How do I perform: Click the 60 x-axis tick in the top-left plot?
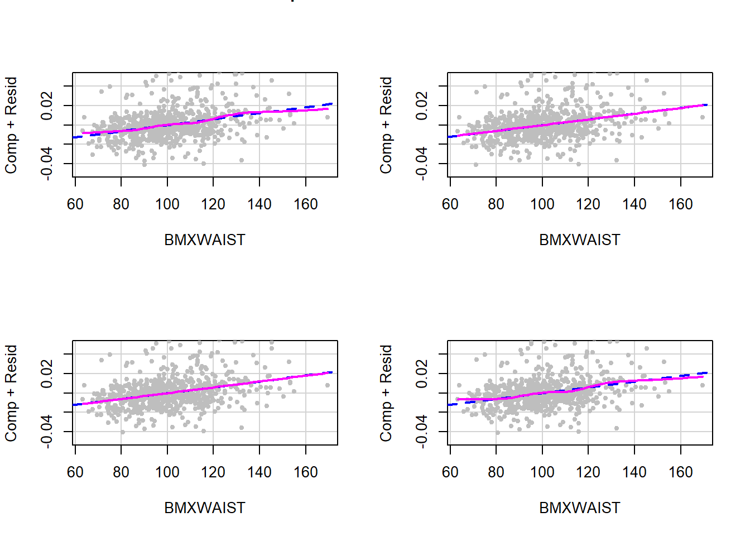click(x=75, y=204)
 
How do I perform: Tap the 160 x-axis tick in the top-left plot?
click(x=305, y=204)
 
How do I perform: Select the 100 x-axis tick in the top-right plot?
click(x=542, y=204)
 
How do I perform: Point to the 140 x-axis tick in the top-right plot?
click(x=634, y=204)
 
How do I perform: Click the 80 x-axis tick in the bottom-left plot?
click(x=121, y=472)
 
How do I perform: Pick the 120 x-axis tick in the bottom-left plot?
click(x=213, y=472)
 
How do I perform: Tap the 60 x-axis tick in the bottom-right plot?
click(x=450, y=472)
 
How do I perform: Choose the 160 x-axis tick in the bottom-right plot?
click(x=680, y=472)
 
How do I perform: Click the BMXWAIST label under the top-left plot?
click(x=204, y=240)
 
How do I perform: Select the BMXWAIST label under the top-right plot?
click(x=579, y=240)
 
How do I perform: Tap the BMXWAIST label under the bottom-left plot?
click(x=204, y=508)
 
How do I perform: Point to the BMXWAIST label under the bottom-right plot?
click(x=579, y=508)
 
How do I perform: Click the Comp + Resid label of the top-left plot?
click(x=11, y=125)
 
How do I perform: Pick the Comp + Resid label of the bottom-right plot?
click(x=386, y=393)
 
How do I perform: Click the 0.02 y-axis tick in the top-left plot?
click(x=47, y=106)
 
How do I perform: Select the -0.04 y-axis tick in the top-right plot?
click(x=422, y=163)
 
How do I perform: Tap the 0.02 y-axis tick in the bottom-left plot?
click(x=47, y=374)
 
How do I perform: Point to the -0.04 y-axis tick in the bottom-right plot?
click(x=422, y=431)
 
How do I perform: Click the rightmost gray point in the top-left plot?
click(x=328, y=117)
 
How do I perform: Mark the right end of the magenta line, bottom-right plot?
click(x=703, y=377)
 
